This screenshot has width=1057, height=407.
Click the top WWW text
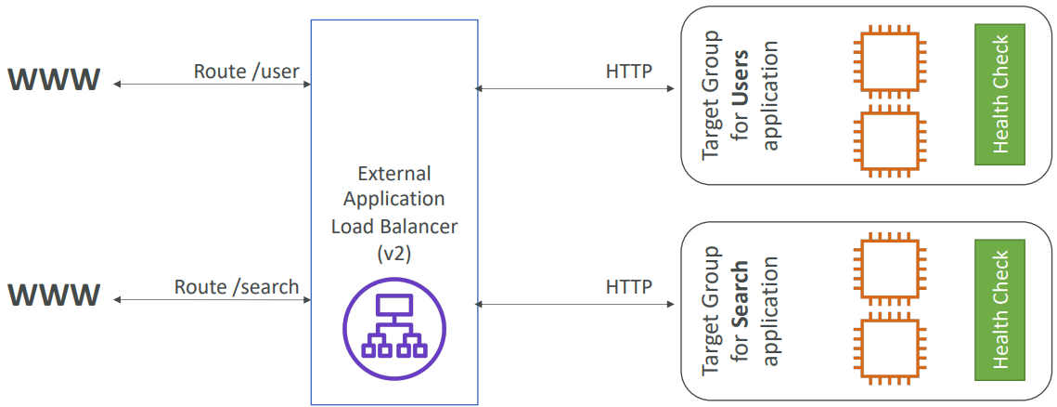[54, 80]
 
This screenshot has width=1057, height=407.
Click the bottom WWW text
[54, 295]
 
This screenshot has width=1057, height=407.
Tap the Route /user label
[246, 71]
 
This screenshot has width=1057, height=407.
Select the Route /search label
[237, 286]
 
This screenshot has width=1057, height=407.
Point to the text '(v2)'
[394, 252]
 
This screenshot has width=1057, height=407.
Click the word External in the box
[394, 173]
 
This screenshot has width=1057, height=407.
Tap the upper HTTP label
[628, 71]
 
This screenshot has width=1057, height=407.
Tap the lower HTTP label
[628, 285]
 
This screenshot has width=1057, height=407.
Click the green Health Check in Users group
[999, 95]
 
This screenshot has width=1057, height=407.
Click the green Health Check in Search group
[999, 309]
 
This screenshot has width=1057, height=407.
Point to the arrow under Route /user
[213, 85]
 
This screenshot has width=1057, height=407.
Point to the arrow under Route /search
[213, 300]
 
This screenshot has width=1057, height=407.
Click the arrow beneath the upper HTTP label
[575, 89]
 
